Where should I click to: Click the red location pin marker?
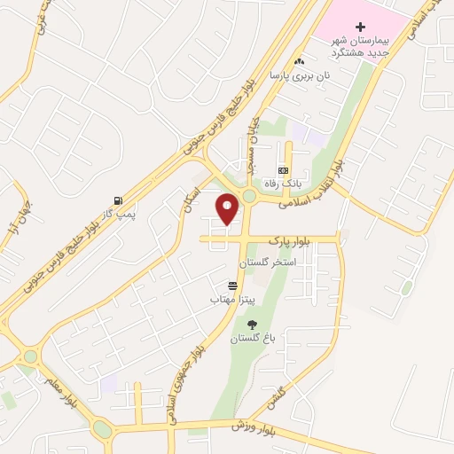228,207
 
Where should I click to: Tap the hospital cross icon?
360,27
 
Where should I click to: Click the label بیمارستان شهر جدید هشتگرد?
360,47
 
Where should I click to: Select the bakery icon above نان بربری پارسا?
300,61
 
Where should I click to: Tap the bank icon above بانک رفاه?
283,169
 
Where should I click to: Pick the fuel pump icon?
118,200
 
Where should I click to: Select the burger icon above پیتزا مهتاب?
232,286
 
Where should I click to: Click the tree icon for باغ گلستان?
252,325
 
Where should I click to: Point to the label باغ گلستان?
249,339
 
